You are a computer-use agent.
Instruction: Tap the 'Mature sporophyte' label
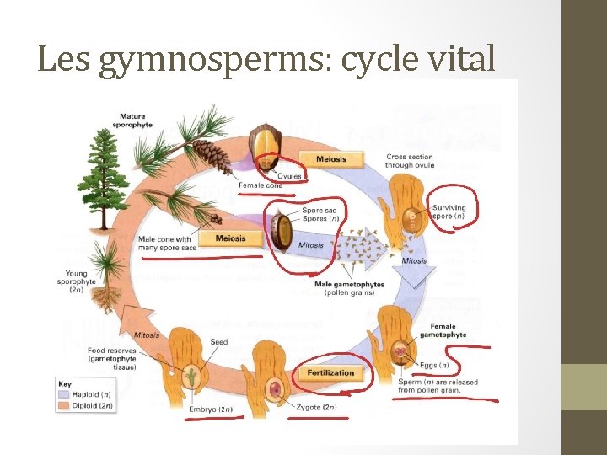tap(132, 120)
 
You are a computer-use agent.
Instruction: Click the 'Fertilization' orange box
tap(330, 372)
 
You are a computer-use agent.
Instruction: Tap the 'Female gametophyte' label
tap(448, 330)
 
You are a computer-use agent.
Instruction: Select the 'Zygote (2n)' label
tap(316, 408)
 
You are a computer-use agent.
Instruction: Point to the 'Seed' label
tap(219, 341)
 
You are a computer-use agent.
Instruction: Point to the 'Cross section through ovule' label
tap(411, 160)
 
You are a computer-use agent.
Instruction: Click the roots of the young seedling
tap(108, 297)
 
